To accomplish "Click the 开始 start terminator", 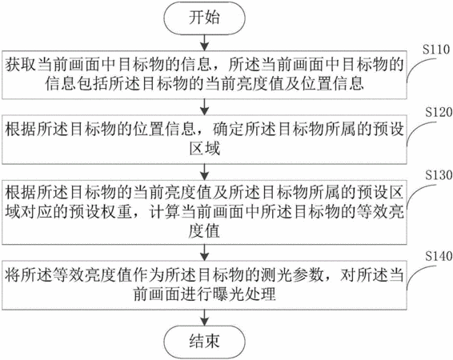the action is coord(205,18).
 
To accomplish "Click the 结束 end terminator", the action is coord(205,341).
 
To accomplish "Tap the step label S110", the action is coord(435,50).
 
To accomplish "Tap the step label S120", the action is coord(439,112).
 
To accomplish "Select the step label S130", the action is coord(439,175).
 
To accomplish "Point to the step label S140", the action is coord(439,256).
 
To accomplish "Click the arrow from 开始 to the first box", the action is coord(205,42).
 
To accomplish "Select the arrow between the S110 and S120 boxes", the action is coord(205,107).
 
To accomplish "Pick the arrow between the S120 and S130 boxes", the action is coord(205,172).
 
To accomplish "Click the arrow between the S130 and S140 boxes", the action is coord(205,253).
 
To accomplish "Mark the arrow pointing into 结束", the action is coord(205,318).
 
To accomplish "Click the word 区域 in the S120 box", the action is coord(205,149).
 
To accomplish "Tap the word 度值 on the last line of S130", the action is coord(205,231).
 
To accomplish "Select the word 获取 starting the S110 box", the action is coord(20,65).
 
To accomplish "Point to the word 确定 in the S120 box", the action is coord(228,129).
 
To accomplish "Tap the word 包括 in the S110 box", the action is coord(94,84).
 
